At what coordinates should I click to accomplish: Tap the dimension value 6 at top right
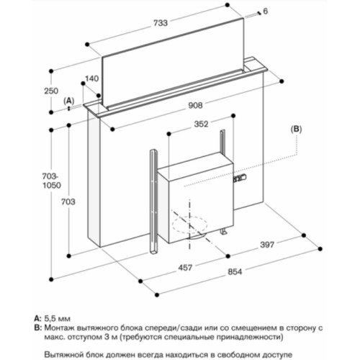(265, 11)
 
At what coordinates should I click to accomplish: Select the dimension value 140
(91, 78)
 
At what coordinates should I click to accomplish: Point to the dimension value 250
(50, 91)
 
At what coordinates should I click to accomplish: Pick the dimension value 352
(201, 124)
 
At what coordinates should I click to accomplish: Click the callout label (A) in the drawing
(69, 102)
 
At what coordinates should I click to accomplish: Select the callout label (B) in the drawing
(297, 129)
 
